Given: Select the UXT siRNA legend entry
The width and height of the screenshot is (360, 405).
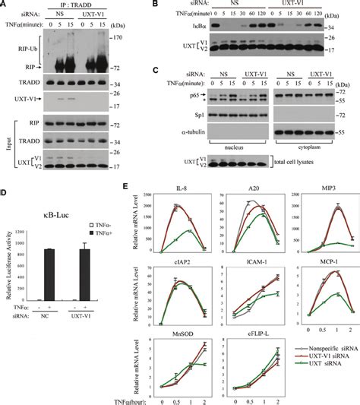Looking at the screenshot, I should click(x=319, y=382).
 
